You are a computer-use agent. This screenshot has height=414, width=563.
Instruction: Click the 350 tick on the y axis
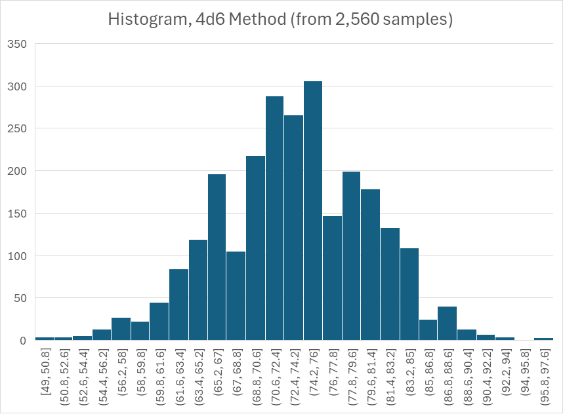point(17,45)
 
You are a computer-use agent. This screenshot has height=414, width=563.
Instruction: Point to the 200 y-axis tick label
point(17,171)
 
